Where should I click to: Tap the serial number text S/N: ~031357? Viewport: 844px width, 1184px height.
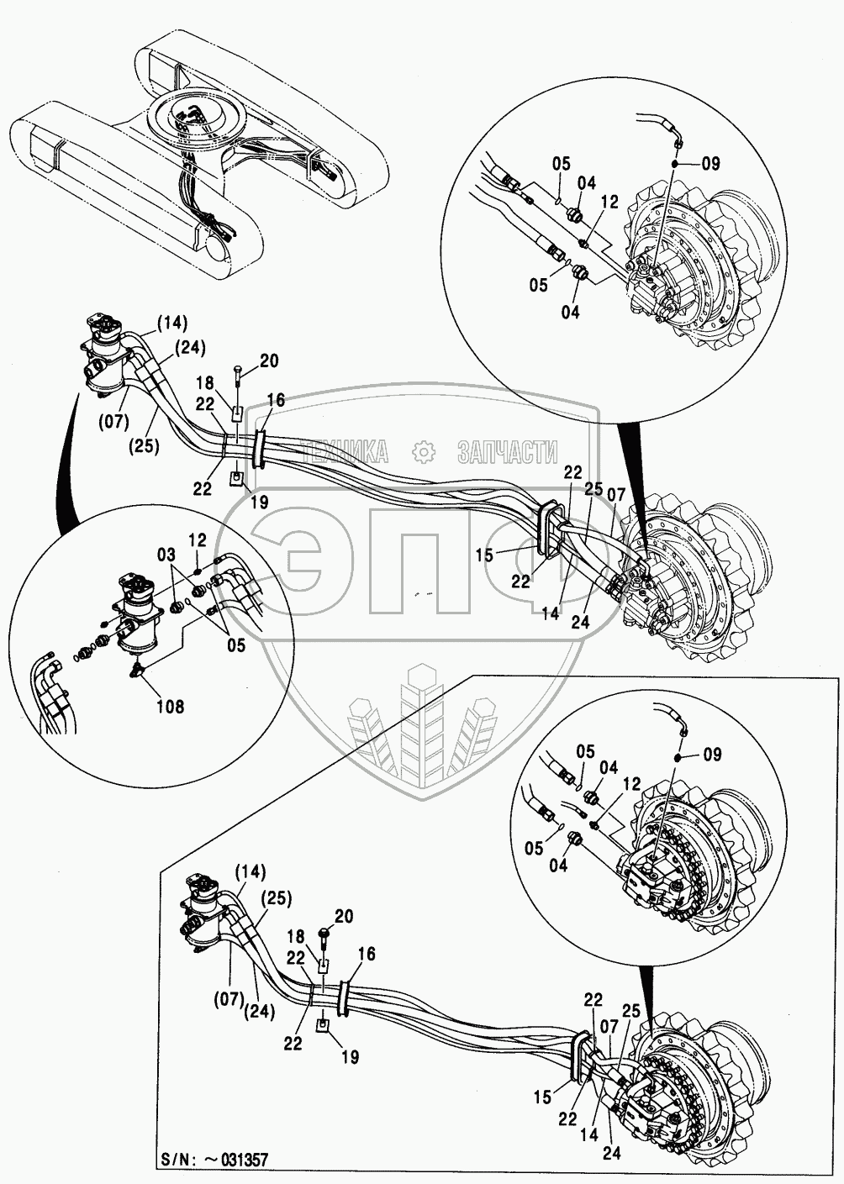pyautogui.click(x=216, y=1161)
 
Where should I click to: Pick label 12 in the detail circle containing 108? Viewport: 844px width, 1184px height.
pyautogui.click(x=197, y=540)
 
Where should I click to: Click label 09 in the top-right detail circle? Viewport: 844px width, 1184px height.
pyautogui.click(x=709, y=165)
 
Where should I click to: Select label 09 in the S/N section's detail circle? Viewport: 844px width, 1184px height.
pyautogui.click(x=711, y=755)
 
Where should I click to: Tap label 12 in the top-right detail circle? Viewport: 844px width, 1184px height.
pyautogui.click(x=609, y=202)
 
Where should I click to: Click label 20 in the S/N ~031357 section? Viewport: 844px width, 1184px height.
pyautogui.click(x=344, y=916)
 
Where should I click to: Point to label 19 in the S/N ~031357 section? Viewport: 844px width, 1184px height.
pyautogui.click(x=349, y=1057)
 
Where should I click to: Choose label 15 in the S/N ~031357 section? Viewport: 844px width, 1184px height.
pyautogui.click(x=542, y=1097)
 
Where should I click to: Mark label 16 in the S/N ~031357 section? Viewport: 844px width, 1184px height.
pyautogui.click(x=367, y=955)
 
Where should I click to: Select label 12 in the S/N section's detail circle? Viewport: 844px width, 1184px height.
pyautogui.click(x=628, y=782)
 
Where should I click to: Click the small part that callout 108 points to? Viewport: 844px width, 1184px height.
pyautogui.click(x=136, y=668)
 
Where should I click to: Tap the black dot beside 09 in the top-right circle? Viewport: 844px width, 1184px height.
pyautogui.click(x=683, y=164)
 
